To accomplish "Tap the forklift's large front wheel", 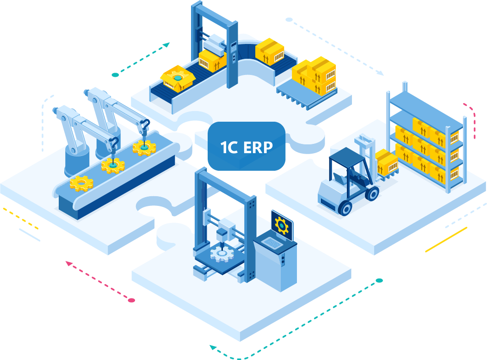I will [x=345, y=206].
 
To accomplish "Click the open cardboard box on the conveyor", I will [x=178, y=79].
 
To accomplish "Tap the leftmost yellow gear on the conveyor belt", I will [x=81, y=183].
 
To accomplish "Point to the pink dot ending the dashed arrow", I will [x=131, y=300].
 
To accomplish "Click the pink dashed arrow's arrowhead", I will [x=68, y=264].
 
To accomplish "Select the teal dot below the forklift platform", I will [x=379, y=280].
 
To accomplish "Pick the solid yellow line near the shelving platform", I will [x=446, y=240].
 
